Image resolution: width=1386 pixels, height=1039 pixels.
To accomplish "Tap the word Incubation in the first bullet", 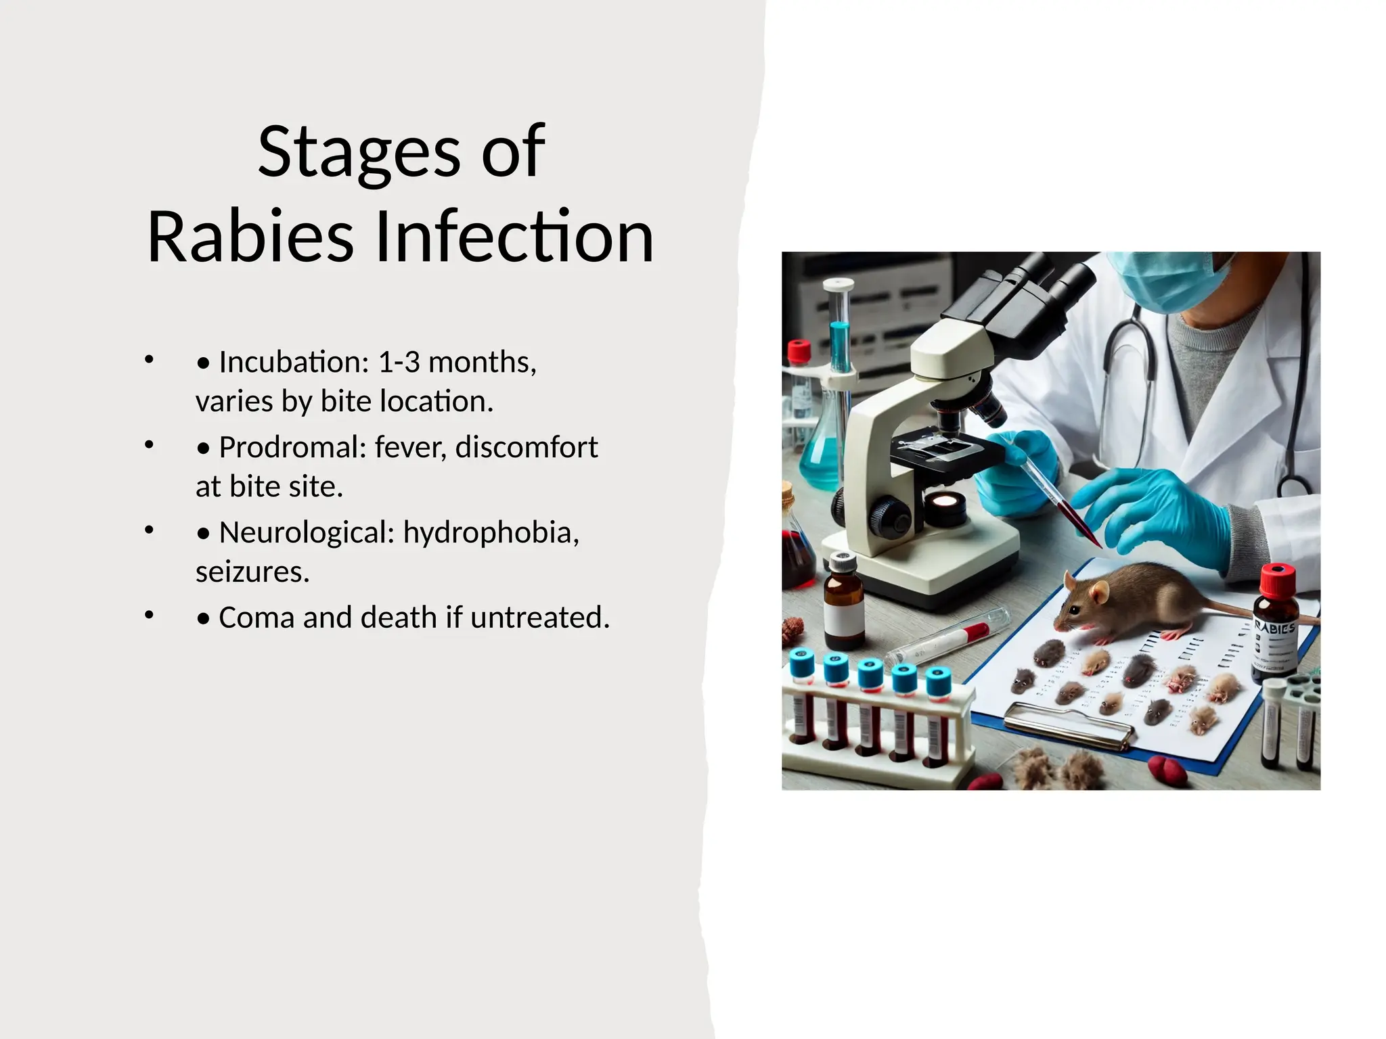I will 294,362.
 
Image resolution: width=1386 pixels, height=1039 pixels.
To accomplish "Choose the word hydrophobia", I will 491,532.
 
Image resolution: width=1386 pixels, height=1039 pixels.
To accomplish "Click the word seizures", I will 252,572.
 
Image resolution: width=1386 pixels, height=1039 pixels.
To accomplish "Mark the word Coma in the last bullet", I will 256,617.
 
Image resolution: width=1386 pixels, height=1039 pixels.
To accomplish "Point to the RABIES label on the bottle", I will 1276,627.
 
